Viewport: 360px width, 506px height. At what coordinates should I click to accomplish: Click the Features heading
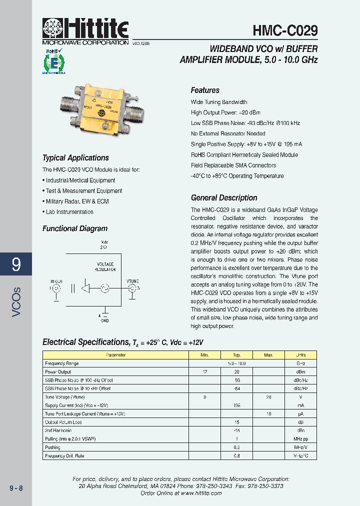[205, 90]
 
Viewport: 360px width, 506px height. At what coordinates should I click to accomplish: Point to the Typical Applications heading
[75, 158]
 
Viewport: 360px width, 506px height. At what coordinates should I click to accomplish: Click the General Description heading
[224, 198]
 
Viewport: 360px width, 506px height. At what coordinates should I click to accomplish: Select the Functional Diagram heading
[75, 229]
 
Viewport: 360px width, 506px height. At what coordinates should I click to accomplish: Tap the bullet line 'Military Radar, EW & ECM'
[76, 201]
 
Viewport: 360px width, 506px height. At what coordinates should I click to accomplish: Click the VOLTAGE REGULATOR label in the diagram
[105, 266]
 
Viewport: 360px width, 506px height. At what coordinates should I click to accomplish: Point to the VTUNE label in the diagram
[132, 281]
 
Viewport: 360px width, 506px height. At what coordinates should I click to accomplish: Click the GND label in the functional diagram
[104, 320]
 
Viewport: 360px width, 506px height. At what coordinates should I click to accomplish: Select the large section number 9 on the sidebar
[16, 264]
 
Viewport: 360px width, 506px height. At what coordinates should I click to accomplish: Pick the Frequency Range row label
[62, 363]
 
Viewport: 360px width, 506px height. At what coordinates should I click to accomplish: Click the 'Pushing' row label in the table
[52, 447]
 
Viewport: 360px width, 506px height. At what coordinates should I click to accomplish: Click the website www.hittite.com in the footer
[201, 493]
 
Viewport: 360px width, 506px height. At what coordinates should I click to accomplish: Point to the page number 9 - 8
[16, 488]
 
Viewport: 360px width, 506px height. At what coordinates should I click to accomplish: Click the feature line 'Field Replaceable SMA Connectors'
[233, 165]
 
